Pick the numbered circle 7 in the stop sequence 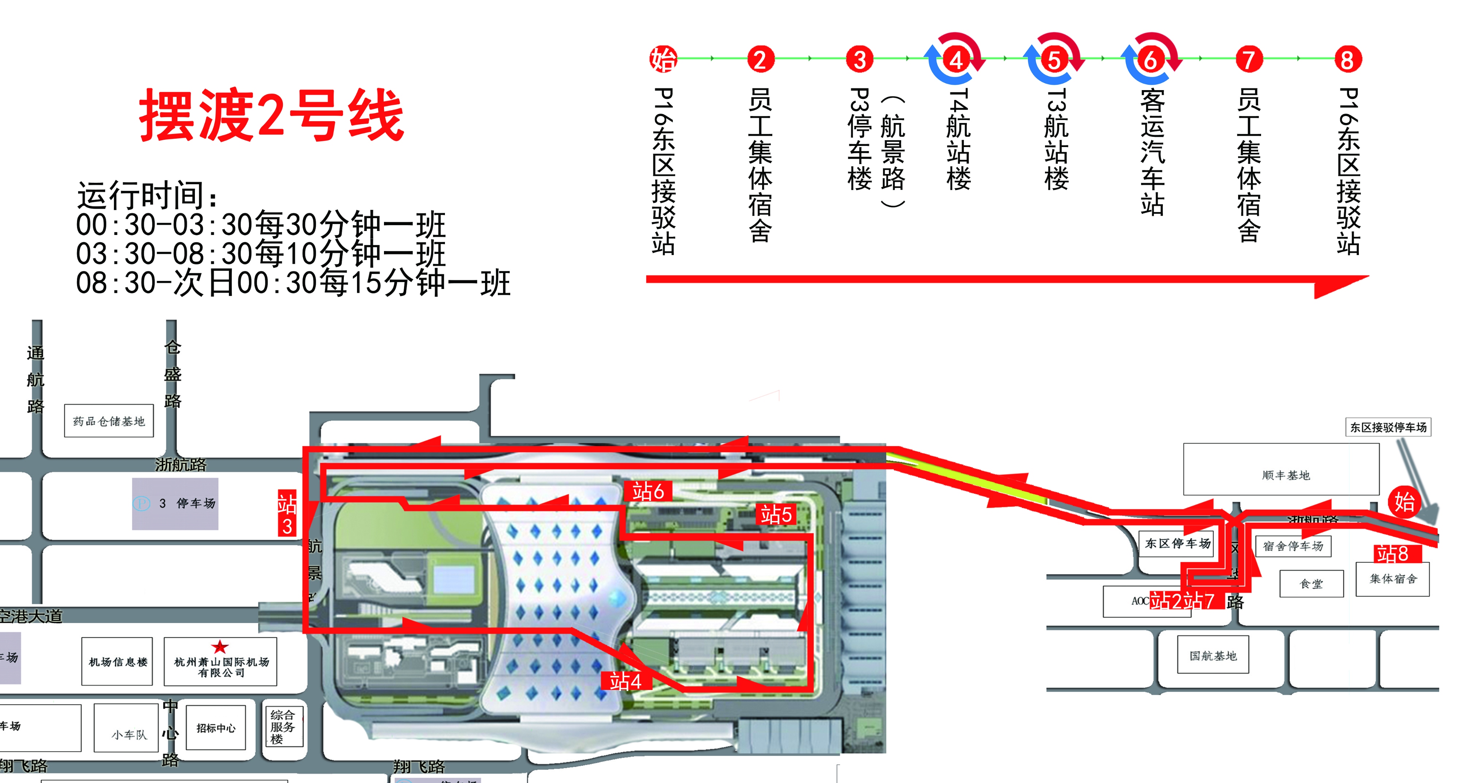point(1249,59)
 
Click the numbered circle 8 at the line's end point(1347,59)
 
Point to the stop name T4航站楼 point(958,139)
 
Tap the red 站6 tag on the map point(648,491)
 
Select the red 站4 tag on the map point(625,681)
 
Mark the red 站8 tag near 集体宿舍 point(1392,553)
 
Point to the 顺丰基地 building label point(1286,475)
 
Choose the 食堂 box point(1311,583)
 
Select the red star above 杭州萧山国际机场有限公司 point(220,647)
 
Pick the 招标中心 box point(215,728)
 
